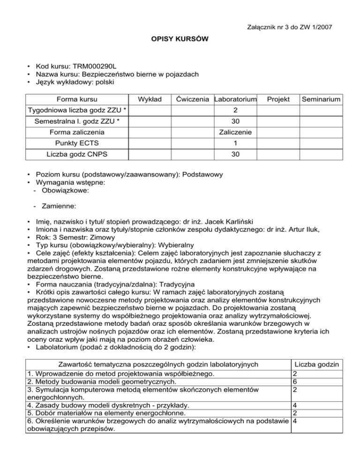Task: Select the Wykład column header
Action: tap(149, 99)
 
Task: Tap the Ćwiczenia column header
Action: tap(191, 99)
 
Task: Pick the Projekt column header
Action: tap(278, 99)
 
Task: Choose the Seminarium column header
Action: tap(321, 99)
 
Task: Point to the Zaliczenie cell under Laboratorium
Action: tap(235, 133)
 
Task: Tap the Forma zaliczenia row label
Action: tap(77, 133)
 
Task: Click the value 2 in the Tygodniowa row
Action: tap(235, 111)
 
